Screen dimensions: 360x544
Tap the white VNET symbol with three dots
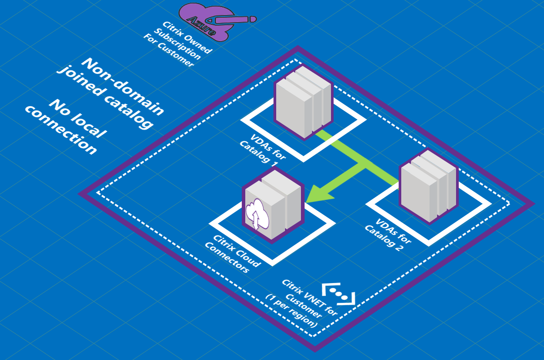[x=338, y=293]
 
